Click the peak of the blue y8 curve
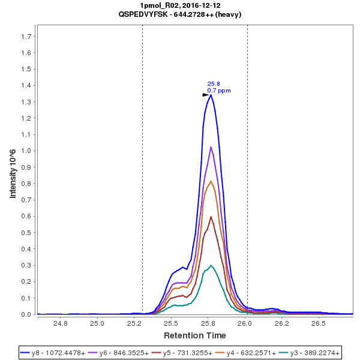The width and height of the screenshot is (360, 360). [211, 95]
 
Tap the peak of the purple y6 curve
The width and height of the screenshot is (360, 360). [211, 147]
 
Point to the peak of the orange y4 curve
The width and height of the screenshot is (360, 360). [211, 181]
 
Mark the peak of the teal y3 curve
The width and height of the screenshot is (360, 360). [211, 265]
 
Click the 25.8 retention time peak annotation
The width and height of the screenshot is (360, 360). [214, 84]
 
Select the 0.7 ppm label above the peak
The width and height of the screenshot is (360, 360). [219, 91]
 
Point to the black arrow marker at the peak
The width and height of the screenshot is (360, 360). [205, 95]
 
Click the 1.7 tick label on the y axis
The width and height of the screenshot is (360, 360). [26, 37]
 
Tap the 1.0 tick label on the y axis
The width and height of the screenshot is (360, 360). [26, 151]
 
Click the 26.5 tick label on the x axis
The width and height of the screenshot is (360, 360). [318, 324]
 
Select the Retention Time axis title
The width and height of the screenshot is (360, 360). [195, 335]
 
